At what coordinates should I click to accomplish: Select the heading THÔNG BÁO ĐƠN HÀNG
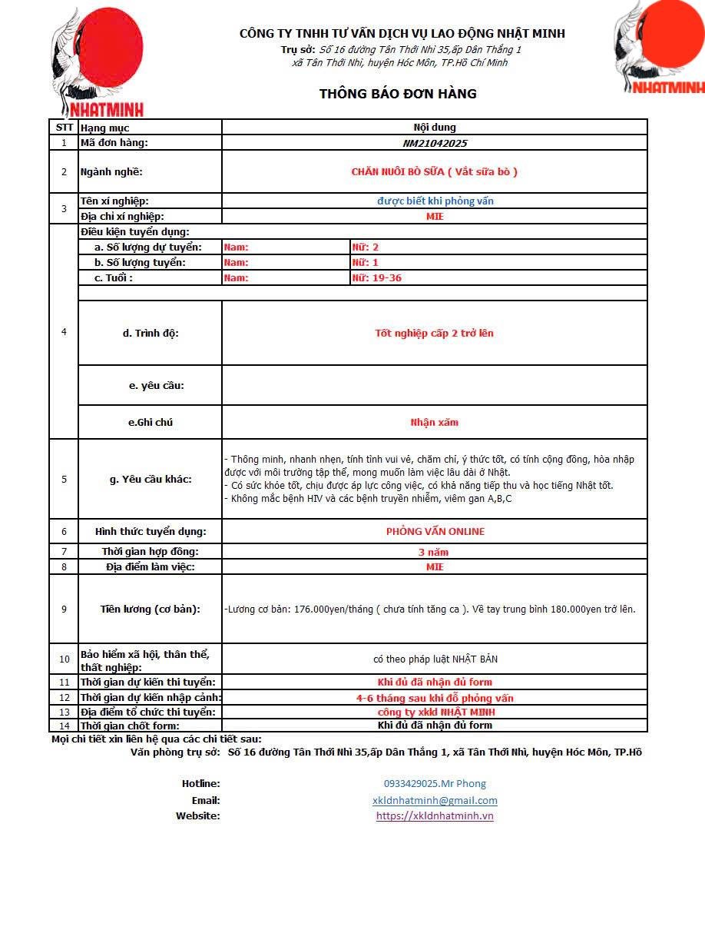(x=398, y=94)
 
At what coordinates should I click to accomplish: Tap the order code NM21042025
(x=435, y=143)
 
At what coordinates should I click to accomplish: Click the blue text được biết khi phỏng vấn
(x=435, y=201)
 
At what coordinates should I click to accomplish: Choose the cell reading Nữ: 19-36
(x=377, y=277)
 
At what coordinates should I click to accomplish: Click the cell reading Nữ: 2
(x=366, y=247)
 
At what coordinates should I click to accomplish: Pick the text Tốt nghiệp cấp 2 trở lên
(x=435, y=333)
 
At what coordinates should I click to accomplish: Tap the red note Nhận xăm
(x=435, y=422)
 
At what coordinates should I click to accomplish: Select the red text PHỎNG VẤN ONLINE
(x=435, y=531)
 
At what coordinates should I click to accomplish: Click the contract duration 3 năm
(x=434, y=552)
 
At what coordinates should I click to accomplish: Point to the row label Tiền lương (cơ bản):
(x=151, y=609)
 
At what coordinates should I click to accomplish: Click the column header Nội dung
(x=435, y=128)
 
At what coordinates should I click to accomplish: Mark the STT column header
(x=64, y=128)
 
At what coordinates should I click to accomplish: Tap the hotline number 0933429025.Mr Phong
(x=435, y=784)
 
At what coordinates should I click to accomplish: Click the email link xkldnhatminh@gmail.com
(x=435, y=800)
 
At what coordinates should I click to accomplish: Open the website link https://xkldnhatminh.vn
(x=435, y=816)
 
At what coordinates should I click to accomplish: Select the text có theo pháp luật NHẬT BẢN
(x=435, y=659)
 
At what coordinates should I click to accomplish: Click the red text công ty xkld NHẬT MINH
(x=435, y=712)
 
